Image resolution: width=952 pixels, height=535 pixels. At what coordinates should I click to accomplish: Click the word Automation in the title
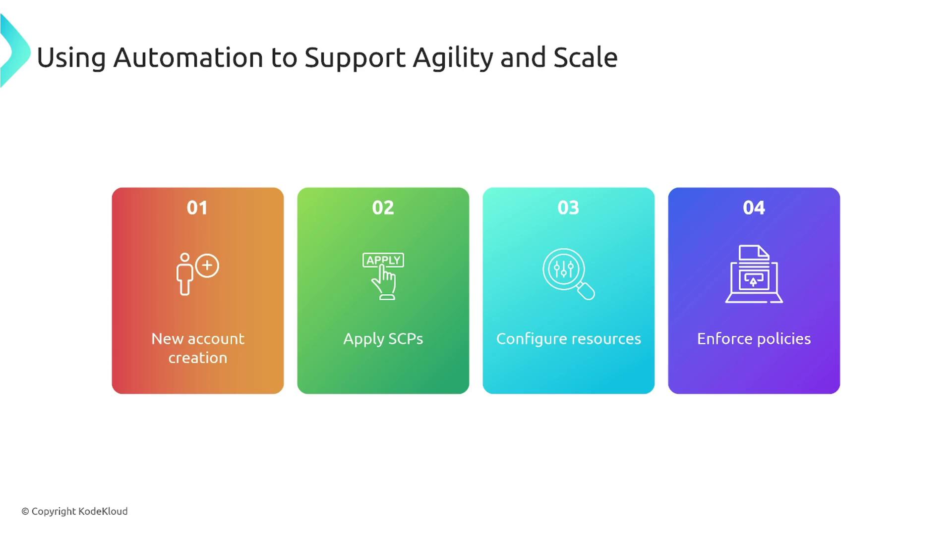coord(188,57)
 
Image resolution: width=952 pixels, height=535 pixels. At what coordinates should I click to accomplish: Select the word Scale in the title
coord(586,57)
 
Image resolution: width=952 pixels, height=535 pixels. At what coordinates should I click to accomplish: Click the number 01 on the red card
coord(197,208)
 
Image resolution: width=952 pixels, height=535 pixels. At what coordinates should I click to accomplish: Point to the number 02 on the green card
coord(383,208)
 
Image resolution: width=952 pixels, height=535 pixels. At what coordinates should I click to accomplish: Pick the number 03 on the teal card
coord(568,208)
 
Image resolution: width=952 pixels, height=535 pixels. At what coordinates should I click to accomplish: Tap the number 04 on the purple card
coord(754,208)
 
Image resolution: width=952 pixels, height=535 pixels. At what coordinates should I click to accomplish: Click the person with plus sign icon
coord(197,274)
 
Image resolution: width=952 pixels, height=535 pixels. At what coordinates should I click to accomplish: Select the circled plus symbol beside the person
coord(207,266)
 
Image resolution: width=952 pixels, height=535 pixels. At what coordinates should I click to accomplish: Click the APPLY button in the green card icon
coord(383,260)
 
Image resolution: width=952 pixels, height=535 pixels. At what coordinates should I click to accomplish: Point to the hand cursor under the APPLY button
coord(384,282)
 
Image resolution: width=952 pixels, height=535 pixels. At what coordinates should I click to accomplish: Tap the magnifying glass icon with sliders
coord(568,274)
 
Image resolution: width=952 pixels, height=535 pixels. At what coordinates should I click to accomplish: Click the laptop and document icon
coord(754,274)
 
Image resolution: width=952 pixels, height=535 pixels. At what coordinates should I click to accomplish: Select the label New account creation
coord(198,348)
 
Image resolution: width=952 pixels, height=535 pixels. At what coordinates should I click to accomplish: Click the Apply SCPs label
coord(383,339)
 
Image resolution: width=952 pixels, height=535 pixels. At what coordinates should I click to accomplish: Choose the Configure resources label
coord(569,339)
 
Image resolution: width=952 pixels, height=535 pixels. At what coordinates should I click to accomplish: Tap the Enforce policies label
coord(754,339)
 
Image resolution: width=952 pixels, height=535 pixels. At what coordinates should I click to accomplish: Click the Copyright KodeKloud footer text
coord(74,511)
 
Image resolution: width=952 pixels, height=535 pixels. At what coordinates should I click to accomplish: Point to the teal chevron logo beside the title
coord(15,51)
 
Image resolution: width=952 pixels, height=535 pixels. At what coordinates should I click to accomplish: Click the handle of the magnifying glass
coord(586,291)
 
